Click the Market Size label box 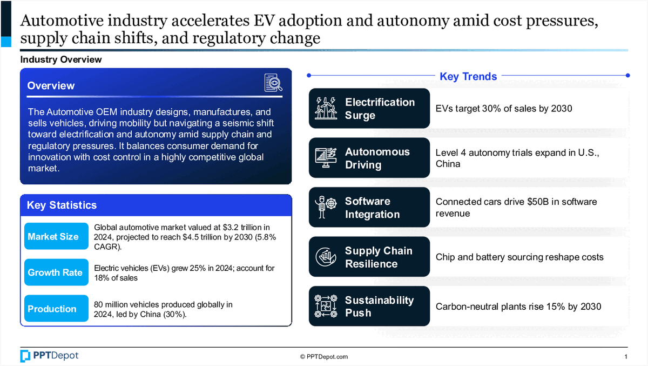click(56, 236)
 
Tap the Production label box click(56, 309)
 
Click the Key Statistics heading click(62, 205)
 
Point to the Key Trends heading click(468, 76)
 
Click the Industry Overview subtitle click(60, 59)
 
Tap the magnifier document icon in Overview click(273, 83)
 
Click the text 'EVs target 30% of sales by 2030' click(503, 109)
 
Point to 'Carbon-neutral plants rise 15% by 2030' click(518, 307)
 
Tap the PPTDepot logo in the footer click(49, 356)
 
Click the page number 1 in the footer click(625, 357)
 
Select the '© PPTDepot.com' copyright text click(324, 357)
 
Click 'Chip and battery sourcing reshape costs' click(519, 257)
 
